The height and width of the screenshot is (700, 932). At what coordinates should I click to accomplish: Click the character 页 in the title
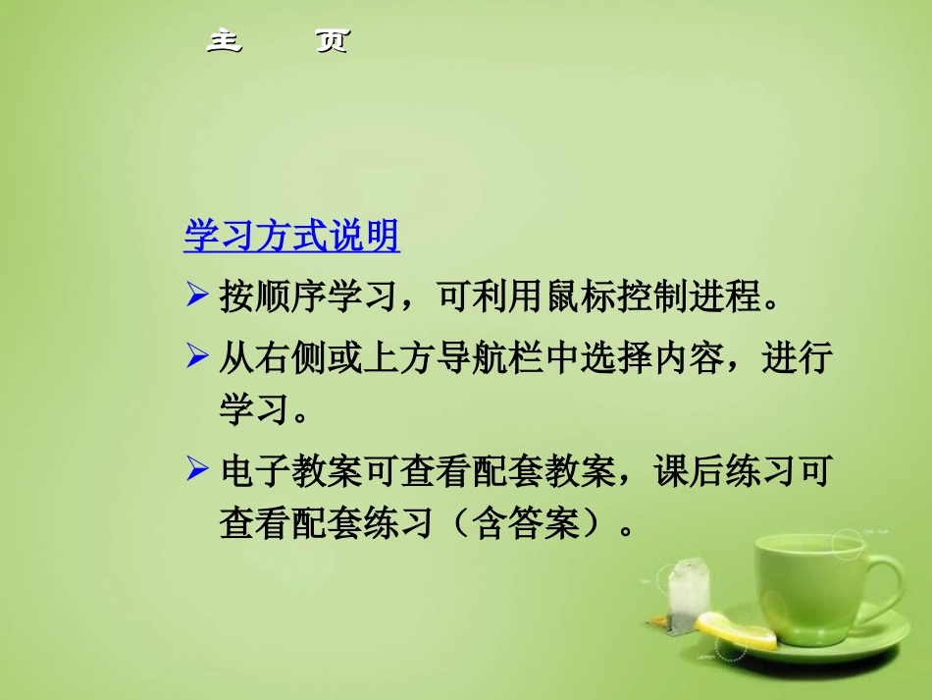tap(333, 41)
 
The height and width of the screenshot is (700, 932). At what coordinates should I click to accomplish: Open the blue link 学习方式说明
tap(291, 237)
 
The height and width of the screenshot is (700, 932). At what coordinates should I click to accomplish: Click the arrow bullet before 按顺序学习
tap(196, 295)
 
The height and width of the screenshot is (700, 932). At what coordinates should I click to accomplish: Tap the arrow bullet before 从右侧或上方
tap(196, 357)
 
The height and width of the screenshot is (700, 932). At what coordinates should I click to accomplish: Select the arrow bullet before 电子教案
tap(196, 473)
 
